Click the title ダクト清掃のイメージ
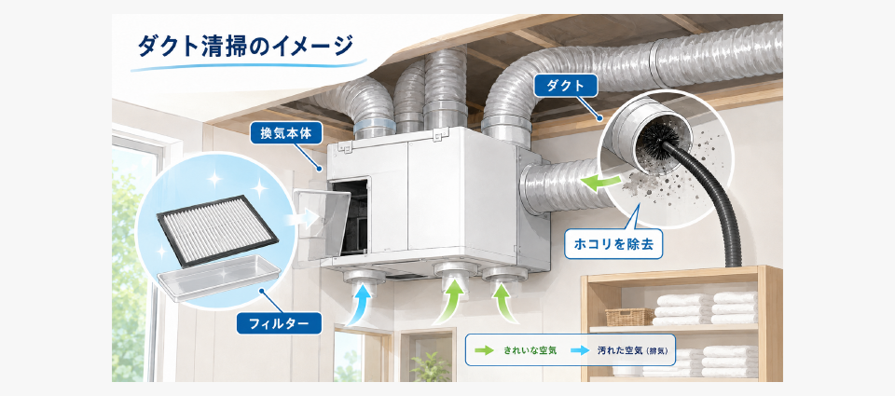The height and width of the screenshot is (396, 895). click(245, 46)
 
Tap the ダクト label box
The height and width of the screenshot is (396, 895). click(566, 86)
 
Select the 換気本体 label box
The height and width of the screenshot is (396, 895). click(287, 135)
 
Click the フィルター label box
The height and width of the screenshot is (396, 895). click(279, 324)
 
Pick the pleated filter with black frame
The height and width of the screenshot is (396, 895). click(217, 230)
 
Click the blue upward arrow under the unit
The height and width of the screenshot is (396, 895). click(359, 306)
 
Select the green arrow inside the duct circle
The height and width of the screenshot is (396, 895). click(601, 183)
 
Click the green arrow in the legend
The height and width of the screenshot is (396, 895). click(485, 350)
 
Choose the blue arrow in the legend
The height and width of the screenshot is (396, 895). click(579, 350)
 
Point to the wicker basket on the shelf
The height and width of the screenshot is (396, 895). click(629, 317)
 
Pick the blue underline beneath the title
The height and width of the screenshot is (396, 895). click(248, 64)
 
